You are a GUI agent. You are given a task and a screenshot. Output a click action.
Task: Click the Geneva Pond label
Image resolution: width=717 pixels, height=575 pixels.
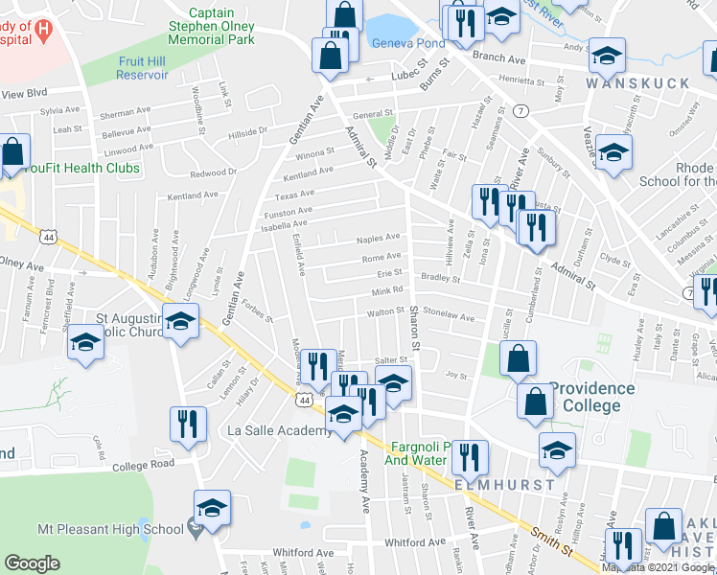pos(407,45)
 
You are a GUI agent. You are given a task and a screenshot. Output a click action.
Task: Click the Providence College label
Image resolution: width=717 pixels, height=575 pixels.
pos(592,397)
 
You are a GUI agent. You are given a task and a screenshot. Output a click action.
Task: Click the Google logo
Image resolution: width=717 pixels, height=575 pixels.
pos(32,563)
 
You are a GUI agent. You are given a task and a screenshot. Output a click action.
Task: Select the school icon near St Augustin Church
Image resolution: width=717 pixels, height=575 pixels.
pos(179,321)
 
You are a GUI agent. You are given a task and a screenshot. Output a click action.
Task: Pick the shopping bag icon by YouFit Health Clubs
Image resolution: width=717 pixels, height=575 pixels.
pos(14,151)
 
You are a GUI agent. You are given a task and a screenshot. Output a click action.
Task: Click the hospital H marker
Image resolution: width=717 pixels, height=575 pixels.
pos(41,31)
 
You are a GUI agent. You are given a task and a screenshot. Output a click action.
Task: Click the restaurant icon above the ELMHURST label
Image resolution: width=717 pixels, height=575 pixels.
pos(469,456)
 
